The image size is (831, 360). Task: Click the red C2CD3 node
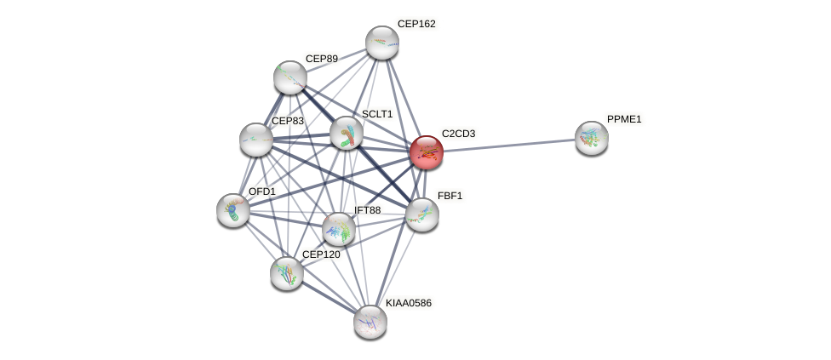(426, 152)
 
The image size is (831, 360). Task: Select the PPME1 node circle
(591, 138)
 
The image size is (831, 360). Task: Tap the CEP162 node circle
(382, 43)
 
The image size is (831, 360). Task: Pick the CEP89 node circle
(290, 77)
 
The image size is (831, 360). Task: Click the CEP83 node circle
(255, 140)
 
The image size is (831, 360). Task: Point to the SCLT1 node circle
(347, 133)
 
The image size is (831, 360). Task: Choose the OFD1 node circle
(233, 210)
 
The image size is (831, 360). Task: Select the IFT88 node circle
(339, 229)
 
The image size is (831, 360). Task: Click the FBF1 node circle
(421, 214)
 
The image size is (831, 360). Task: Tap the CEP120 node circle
(287, 272)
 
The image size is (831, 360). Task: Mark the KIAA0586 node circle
(370, 322)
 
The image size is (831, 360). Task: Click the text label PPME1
(624, 119)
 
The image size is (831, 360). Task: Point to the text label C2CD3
(458, 134)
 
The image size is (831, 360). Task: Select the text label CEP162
(416, 24)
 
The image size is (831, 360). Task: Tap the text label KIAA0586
(409, 303)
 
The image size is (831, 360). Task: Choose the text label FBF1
(450, 196)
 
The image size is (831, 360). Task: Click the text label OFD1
(262, 191)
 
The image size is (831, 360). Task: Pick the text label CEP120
(321, 254)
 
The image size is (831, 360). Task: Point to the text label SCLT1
(377, 114)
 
